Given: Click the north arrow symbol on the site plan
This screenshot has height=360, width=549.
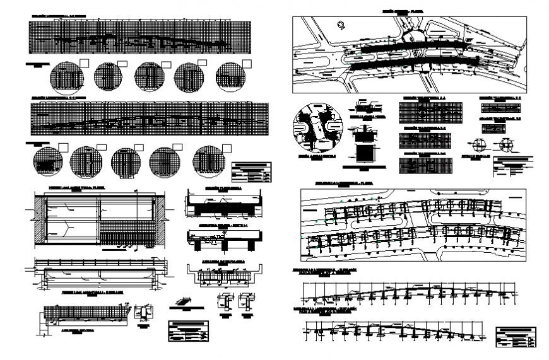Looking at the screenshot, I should click(340, 25).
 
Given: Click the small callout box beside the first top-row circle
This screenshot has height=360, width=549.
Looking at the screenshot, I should click(85, 62).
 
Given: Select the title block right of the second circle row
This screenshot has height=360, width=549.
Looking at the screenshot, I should click(252, 171).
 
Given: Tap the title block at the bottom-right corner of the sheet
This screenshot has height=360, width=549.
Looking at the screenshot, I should click(516, 337).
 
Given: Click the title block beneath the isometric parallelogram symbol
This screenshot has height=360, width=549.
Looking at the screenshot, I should click(189, 331).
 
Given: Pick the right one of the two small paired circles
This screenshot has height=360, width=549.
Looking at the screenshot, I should click(506, 144).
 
